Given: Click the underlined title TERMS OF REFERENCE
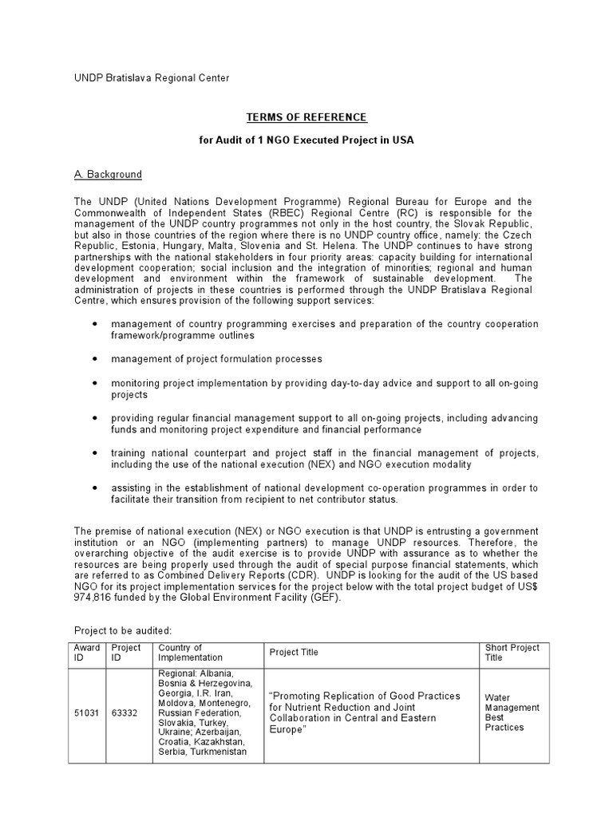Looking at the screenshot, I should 306,117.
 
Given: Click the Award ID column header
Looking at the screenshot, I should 87,652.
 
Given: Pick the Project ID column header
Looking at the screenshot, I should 126,652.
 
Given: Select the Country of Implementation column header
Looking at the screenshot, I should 191,652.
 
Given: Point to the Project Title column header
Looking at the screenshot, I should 294,652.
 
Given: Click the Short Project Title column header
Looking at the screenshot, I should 512,652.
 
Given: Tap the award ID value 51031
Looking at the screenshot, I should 86,712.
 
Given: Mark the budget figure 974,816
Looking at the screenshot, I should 93,598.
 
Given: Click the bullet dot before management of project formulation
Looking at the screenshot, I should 96,359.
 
